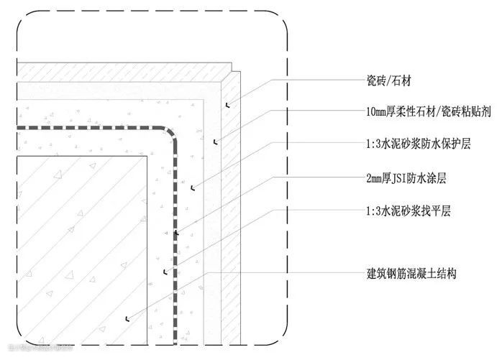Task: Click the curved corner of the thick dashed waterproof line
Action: pyautogui.click(x=170, y=134)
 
